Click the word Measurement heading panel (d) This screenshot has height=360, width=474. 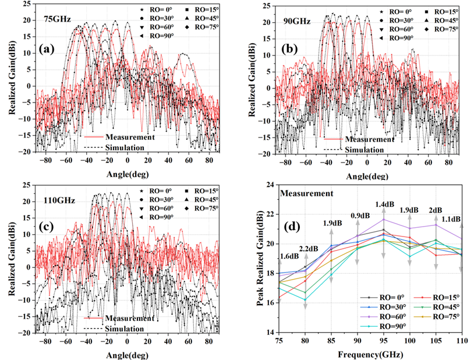click(x=306, y=193)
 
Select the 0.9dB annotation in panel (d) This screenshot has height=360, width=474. click(x=358, y=216)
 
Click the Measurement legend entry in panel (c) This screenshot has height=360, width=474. click(x=120, y=319)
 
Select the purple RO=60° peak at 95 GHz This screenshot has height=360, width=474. click(x=383, y=219)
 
